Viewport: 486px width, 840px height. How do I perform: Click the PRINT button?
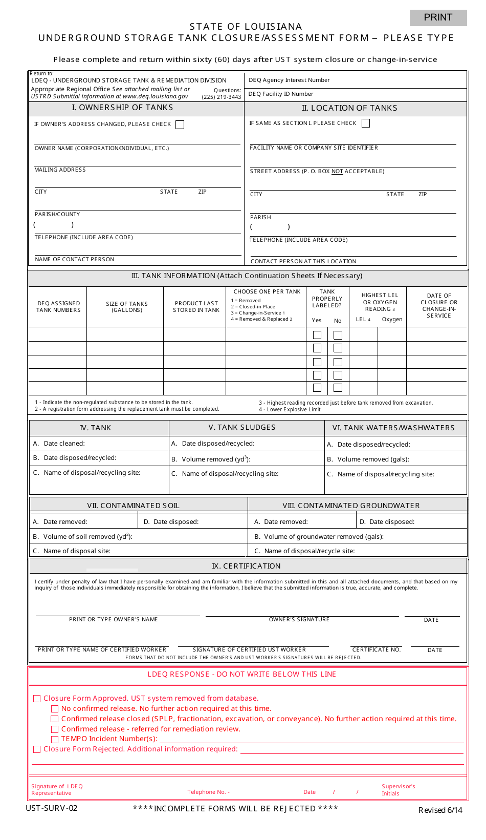438,17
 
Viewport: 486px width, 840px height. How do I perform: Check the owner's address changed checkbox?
180,124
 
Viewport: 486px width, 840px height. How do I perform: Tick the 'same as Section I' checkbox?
365,123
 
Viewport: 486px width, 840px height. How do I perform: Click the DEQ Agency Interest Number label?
289,80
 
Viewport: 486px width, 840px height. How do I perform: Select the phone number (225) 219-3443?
221,97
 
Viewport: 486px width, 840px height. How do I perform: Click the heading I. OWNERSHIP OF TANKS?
122,108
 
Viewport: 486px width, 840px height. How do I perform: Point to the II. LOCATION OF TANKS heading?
349,108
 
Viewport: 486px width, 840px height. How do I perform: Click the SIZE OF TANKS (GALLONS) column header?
127,307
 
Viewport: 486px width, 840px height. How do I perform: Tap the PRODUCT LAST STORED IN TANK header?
196,307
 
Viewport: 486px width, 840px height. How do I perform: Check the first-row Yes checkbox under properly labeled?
317,335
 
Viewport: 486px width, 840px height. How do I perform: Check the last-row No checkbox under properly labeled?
338,388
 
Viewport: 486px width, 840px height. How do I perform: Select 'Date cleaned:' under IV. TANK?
64,444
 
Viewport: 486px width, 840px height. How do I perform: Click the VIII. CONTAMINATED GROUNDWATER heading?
351,506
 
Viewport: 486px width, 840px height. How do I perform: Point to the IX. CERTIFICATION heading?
246,566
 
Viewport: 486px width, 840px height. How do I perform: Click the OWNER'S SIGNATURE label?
299,620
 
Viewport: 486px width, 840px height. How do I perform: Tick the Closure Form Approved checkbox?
37,699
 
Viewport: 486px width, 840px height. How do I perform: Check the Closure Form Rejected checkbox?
37,749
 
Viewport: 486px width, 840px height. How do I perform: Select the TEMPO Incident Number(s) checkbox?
55,739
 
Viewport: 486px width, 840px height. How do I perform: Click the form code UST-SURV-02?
52,808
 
